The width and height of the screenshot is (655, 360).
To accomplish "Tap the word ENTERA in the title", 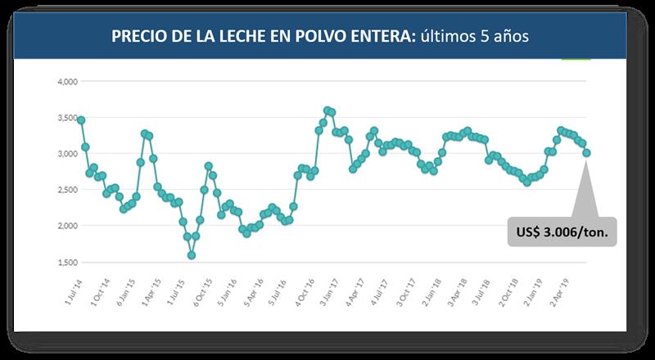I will (x=376, y=38).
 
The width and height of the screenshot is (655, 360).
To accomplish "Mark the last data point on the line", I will (x=586, y=153).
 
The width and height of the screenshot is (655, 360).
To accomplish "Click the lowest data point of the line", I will (x=192, y=255).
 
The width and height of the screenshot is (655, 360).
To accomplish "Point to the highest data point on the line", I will (x=327, y=110).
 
